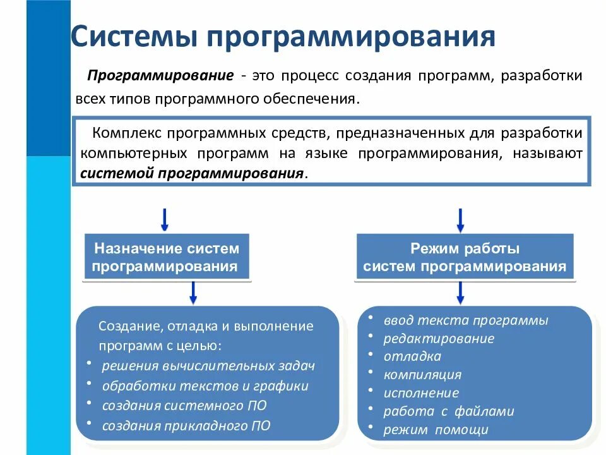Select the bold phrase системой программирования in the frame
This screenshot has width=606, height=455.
click(193, 174)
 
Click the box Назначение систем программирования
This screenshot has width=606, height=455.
click(167, 257)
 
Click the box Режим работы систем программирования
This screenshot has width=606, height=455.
click(465, 257)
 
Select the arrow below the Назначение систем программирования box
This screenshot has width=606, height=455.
click(193, 292)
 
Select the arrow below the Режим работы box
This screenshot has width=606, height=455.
click(461, 292)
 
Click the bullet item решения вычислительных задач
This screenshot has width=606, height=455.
click(208, 365)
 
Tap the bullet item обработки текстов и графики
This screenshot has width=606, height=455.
click(205, 385)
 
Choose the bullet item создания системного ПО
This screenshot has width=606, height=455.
click(184, 405)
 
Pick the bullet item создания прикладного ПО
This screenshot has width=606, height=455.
click(186, 425)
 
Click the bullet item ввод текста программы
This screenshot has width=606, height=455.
click(466, 320)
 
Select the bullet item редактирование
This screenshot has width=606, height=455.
click(439, 338)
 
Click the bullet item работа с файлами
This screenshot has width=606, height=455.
click(449, 411)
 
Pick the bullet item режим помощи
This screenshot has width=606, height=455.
click(436, 430)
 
